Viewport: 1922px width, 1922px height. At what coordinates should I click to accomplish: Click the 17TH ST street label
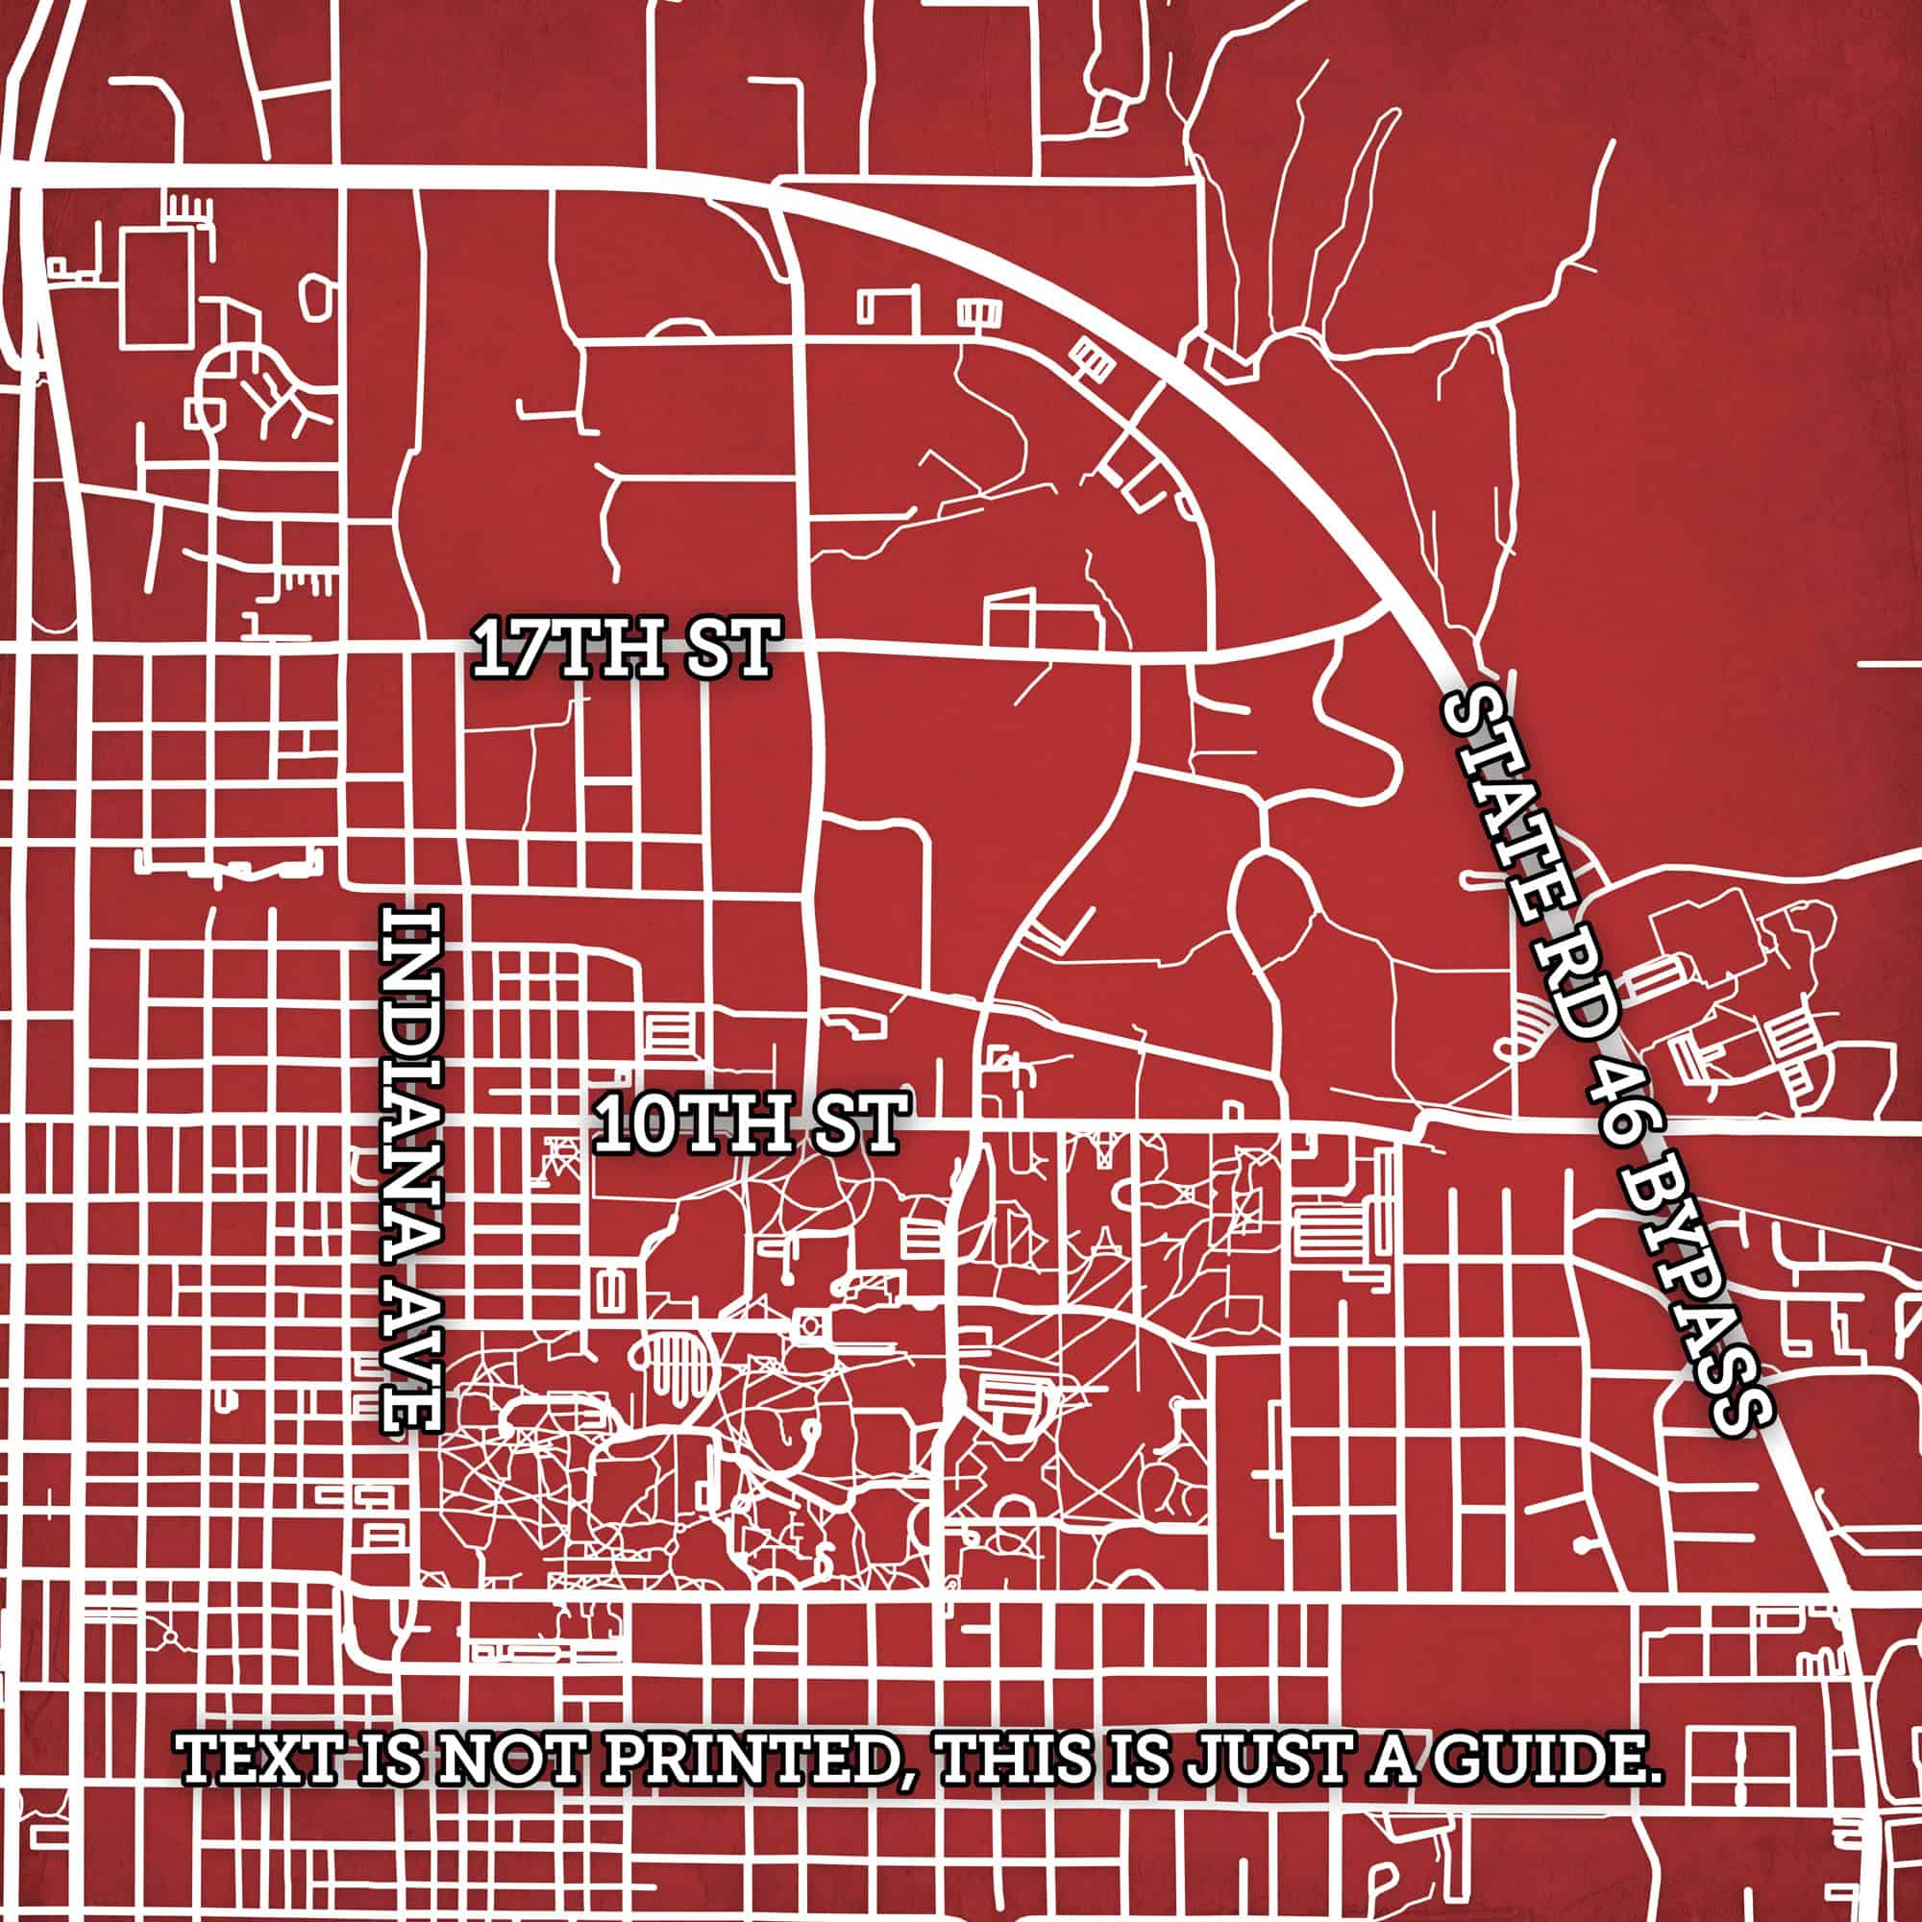pos(623,648)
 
